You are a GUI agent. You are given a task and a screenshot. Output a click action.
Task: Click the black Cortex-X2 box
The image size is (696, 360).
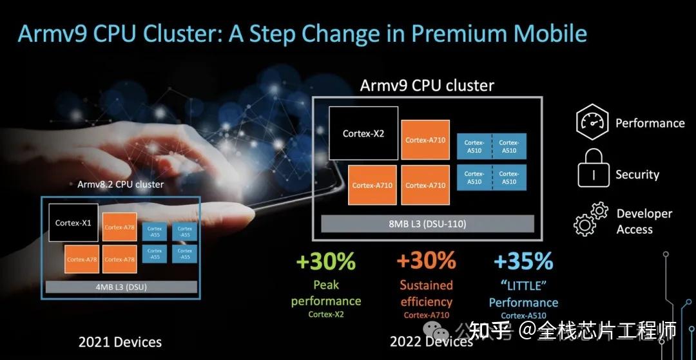click(x=363, y=133)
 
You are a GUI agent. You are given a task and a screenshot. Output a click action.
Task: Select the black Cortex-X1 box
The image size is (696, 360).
click(x=73, y=223)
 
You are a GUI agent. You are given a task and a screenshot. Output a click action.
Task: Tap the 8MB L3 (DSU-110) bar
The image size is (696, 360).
click(x=427, y=224)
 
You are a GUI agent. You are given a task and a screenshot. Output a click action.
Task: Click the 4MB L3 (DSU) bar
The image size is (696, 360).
click(x=122, y=287)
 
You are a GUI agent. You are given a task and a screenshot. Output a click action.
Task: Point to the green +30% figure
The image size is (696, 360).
click(x=325, y=261)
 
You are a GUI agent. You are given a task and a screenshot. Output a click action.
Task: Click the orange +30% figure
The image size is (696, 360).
click(x=426, y=261)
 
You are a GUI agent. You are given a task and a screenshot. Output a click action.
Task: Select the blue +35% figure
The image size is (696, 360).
click(x=523, y=261)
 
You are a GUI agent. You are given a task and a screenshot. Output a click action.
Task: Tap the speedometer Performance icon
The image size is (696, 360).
click(x=592, y=122)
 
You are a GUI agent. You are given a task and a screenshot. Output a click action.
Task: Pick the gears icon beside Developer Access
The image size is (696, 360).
click(x=591, y=219)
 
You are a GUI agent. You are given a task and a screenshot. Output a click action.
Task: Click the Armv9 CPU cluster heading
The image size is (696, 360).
click(x=427, y=86)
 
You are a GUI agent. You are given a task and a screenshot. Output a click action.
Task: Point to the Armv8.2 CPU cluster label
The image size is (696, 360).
click(x=121, y=184)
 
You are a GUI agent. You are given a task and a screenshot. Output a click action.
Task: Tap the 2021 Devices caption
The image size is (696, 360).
click(x=120, y=342)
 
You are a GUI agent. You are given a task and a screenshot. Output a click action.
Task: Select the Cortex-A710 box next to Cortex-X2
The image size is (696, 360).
click(x=425, y=140)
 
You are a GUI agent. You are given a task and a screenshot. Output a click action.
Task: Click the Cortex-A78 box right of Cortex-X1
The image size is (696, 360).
click(x=120, y=227)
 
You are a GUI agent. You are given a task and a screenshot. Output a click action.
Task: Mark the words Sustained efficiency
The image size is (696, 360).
click(x=426, y=293)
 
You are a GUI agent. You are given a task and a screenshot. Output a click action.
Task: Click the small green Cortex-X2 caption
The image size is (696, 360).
click(x=325, y=314)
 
